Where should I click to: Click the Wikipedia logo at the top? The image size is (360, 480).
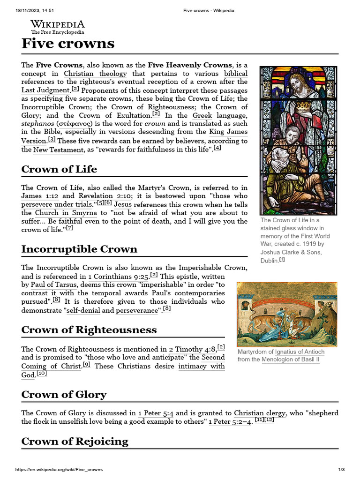click(x=58, y=27)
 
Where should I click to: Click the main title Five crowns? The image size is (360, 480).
click(x=68, y=44)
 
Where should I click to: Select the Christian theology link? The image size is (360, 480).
click(x=95, y=74)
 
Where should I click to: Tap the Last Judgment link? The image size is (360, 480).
click(x=45, y=90)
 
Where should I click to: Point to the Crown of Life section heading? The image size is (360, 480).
click(x=59, y=169)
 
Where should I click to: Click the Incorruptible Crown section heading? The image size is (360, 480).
click(x=79, y=249)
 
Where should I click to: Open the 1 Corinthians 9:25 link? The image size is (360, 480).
click(x=118, y=277)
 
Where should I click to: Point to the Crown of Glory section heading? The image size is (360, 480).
click(x=64, y=395)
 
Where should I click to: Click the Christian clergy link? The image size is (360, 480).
click(x=260, y=413)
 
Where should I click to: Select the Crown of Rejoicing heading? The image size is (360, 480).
click(x=75, y=442)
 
